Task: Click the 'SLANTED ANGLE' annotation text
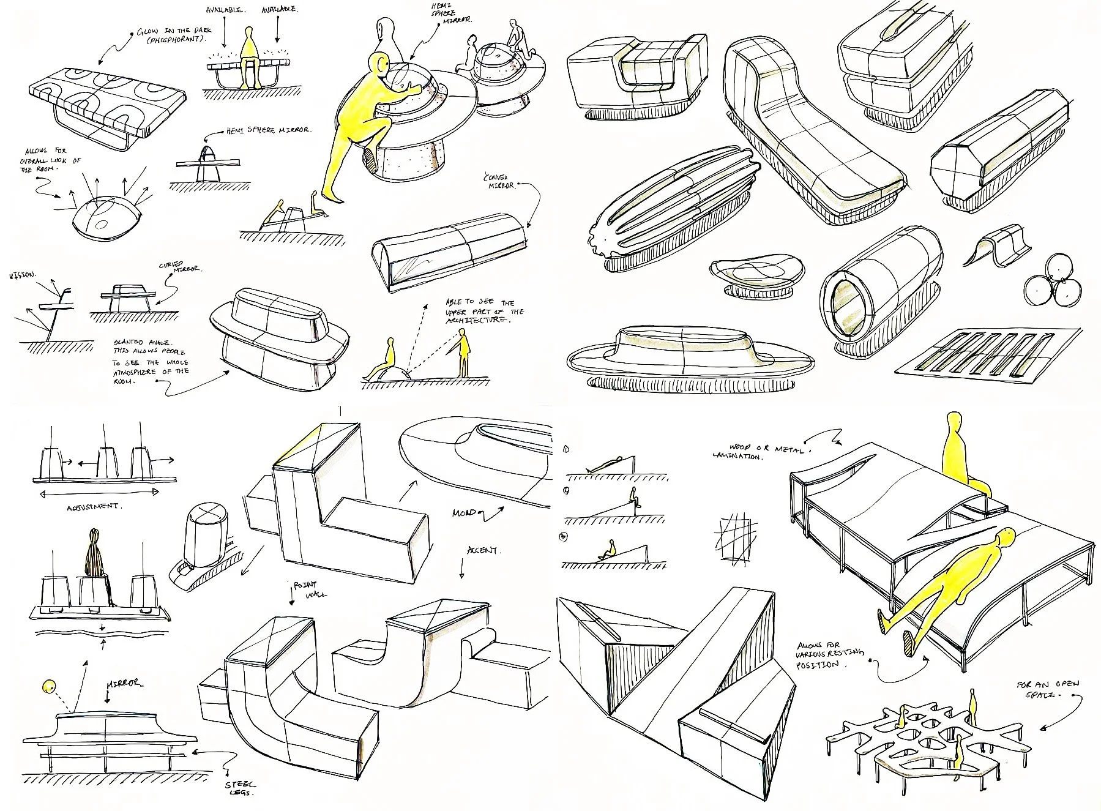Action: point(151,361)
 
